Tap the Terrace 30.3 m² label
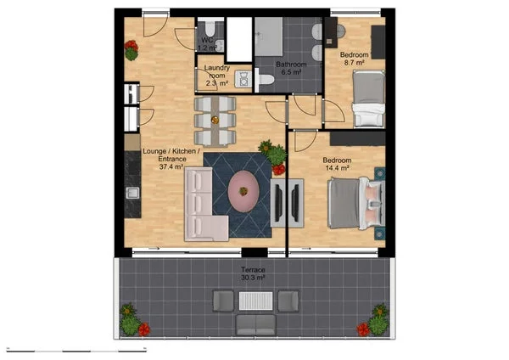click(253, 273)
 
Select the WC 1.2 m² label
click(208, 44)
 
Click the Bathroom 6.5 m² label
click(291, 69)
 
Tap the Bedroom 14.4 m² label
click(338, 166)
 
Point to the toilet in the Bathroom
click(266, 80)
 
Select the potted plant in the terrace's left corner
click(130, 321)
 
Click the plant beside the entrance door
click(131, 51)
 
